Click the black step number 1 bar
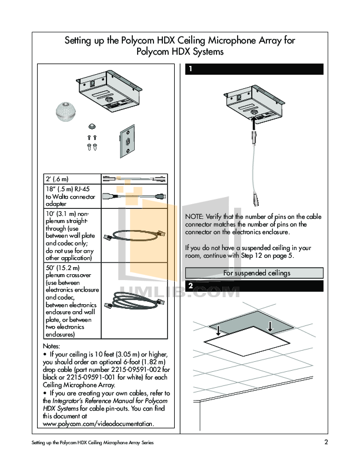pyautogui.click(x=254, y=69)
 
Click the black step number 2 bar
pyautogui.click(x=254, y=285)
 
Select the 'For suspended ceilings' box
pyautogui.click(x=254, y=272)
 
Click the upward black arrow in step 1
pyautogui.click(x=254, y=122)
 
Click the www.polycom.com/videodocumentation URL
pyautogui.click(x=98, y=424)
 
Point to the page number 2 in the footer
pyautogui.click(x=325, y=442)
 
